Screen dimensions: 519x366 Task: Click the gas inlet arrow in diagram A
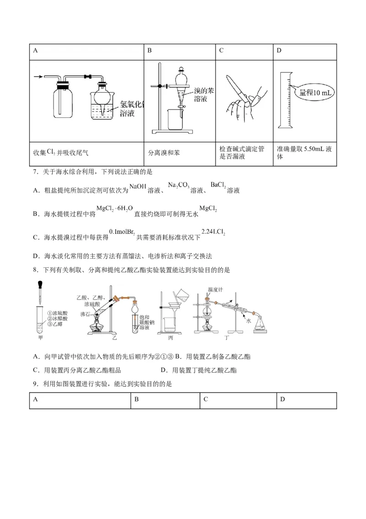click(39, 77)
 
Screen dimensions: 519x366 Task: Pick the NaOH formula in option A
click(138, 186)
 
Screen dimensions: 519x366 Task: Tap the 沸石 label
click(86, 314)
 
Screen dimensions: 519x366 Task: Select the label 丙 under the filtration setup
click(171, 338)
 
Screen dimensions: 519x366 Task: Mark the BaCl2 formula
click(218, 185)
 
